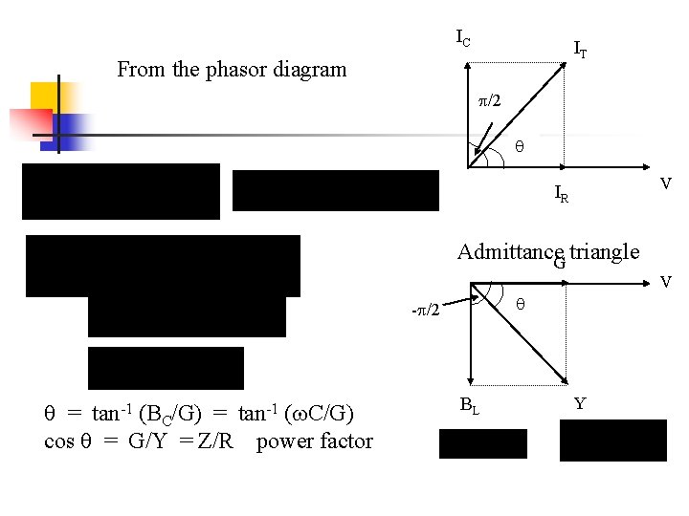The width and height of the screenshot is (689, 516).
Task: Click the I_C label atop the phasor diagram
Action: pyautogui.click(x=462, y=39)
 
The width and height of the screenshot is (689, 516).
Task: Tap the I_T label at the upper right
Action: pyautogui.click(x=580, y=48)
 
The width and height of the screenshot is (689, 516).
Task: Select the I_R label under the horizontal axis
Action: pyautogui.click(x=562, y=196)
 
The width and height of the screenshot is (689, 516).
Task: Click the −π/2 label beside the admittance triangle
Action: pyautogui.click(x=426, y=311)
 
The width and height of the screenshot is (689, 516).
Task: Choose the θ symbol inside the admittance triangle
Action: pyautogui.click(x=520, y=304)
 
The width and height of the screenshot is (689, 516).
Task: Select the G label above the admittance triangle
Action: pyautogui.click(x=560, y=263)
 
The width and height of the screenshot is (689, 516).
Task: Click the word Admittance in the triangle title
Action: pyautogui.click(x=505, y=251)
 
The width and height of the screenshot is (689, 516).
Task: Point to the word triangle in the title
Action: pyautogui.click(x=604, y=251)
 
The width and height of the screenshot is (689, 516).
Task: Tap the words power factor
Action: pyautogui.click(x=315, y=441)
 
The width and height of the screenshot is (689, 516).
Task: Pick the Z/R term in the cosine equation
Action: pyautogui.click(x=219, y=441)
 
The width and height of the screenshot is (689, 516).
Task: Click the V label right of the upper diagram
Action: pyautogui.click(x=667, y=183)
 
